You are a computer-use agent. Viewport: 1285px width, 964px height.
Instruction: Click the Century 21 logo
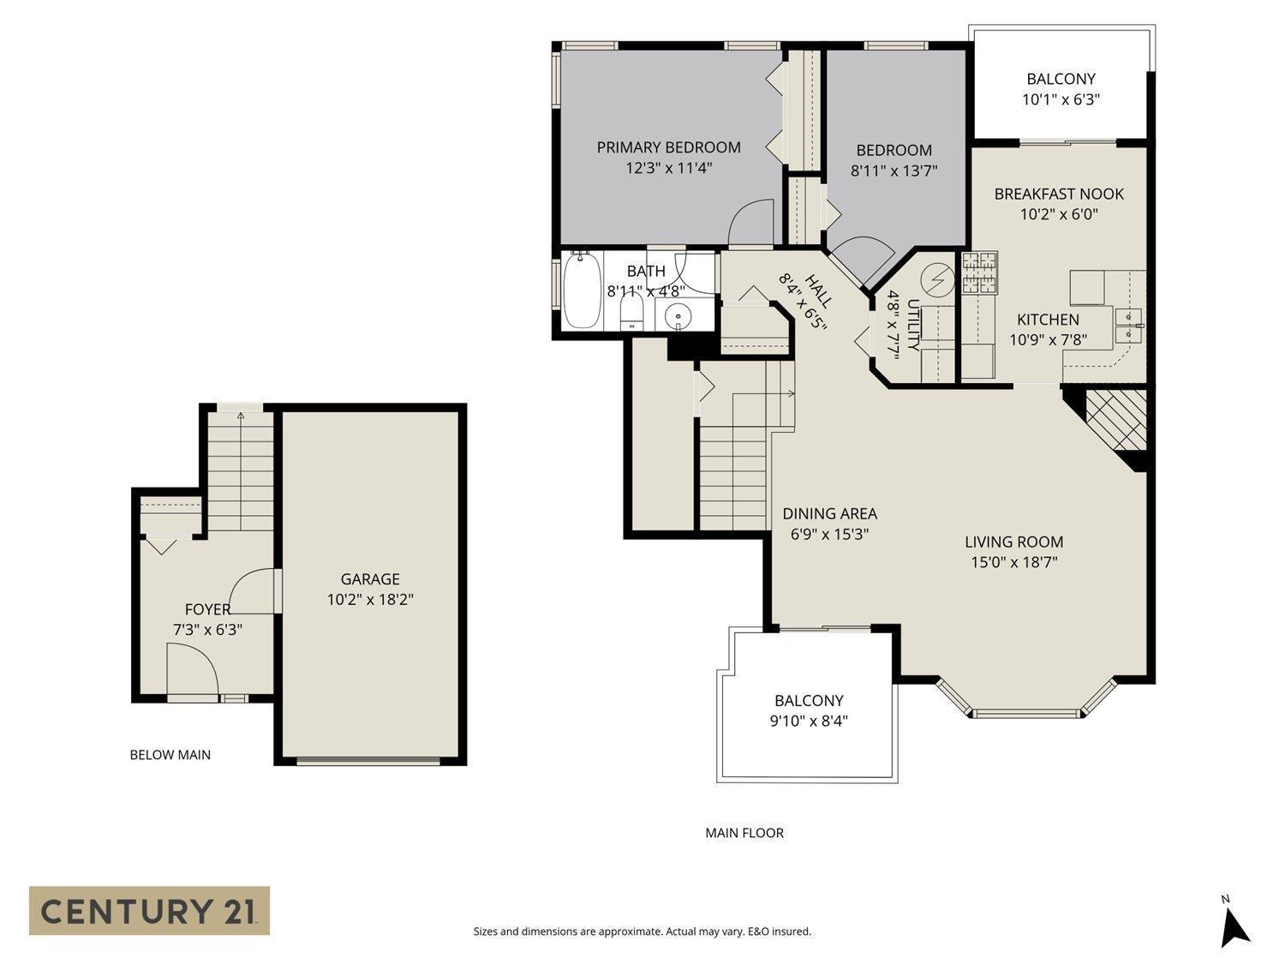(149, 910)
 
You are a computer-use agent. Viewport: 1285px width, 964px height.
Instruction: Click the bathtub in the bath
(583, 291)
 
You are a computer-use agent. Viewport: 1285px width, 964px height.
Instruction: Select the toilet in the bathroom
(632, 314)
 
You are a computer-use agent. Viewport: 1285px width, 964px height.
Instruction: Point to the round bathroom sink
(678, 316)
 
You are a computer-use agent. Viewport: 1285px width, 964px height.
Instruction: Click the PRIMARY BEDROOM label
(668, 147)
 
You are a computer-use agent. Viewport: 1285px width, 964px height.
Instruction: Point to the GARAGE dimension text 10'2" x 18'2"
(370, 600)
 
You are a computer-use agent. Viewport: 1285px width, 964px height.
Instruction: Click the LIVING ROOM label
(1013, 542)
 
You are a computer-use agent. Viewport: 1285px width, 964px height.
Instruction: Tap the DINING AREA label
(829, 514)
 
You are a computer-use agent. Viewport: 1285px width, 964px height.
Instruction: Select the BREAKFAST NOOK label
(1059, 194)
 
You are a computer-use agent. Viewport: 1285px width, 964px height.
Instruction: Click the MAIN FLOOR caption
(744, 833)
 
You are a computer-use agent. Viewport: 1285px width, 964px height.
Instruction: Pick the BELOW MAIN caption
(170, 755)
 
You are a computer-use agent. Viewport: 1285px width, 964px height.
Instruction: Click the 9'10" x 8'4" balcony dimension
(809, 721)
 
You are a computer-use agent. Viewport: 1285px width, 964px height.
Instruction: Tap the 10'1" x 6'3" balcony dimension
(1061, 99)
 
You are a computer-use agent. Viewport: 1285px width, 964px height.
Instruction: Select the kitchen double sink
(1129, 326)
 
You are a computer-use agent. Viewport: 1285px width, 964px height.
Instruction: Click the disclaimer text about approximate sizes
(642, 931)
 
